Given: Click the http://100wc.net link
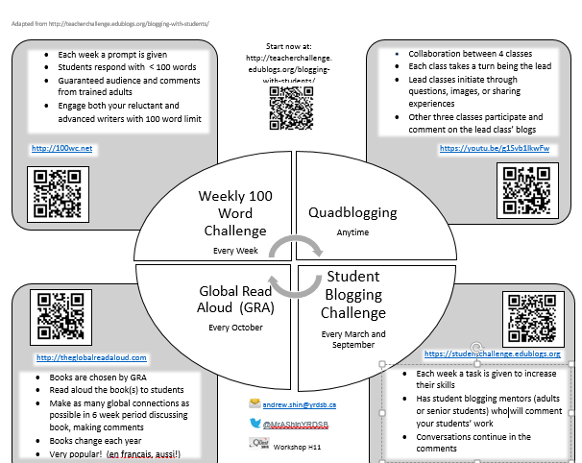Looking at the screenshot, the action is pyautogui.click(x=55, y=148).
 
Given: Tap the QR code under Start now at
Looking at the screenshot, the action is pyautogui.click(x=289, y=108).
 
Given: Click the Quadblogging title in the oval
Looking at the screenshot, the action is pyautogui.click(x=352, y=212).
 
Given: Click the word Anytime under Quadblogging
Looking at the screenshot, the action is pyautogui.click(x=352, y=232).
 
